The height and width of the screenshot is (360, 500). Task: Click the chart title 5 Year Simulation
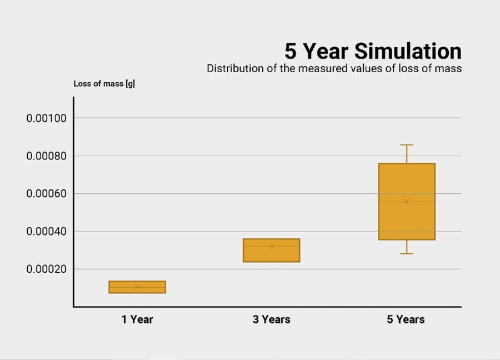coord(373,51)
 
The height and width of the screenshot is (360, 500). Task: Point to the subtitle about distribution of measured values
coord(334,68)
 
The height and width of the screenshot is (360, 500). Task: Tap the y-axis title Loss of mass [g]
coord(104,84)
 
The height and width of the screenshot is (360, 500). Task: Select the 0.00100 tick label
coord(46,118)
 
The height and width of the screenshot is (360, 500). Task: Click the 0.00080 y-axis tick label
coord(46,156)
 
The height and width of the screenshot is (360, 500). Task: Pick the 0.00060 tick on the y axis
coord(46,193)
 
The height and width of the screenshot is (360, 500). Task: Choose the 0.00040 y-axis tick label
coord(46,231)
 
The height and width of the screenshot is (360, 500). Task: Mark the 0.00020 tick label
coord(46,269)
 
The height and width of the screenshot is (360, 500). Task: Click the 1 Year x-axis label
coord(137,319)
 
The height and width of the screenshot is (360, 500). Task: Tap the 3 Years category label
coord(271,319)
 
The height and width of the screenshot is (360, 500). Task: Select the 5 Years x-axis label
coord(406,319)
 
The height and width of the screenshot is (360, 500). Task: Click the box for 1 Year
coord(137,287)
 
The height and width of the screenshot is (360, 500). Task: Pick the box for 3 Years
coord(271,251)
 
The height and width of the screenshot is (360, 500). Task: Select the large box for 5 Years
coord(407,202)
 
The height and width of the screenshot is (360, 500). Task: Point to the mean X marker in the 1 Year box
coord(137,287)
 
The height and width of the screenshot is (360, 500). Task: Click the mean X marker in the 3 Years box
coord(271,246)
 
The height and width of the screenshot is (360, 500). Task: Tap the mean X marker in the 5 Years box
coord(407,202)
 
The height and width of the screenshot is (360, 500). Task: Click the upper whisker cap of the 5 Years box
coord(407,145)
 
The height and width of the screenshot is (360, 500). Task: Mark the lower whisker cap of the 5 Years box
coord(407,253)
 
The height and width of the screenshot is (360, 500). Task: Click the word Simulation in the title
coord(408,51)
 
